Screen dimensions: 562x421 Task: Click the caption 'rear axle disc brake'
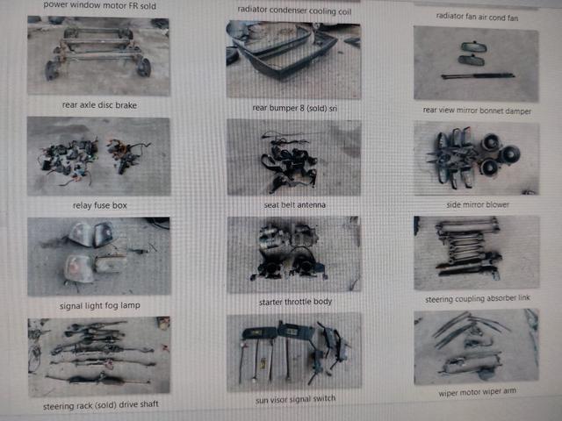pos(99,105)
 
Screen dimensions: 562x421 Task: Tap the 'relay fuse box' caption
pos(99,205)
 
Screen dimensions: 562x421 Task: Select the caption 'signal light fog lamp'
pos(100,306)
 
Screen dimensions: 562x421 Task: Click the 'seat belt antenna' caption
pos(295,204)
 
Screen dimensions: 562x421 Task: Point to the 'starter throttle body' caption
pos(295,302)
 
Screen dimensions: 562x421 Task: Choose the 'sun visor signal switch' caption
pos(296,399)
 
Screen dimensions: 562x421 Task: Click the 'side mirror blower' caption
pos(478,204)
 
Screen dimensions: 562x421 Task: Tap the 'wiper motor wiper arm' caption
pos(478,392)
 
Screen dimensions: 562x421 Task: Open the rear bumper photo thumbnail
pos(293,60)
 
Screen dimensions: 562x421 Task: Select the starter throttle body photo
pos(293,254)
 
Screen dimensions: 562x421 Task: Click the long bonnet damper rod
pos(478,76)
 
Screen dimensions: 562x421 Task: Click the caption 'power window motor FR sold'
pos(99,5)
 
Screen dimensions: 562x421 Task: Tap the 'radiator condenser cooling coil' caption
pos(294,11)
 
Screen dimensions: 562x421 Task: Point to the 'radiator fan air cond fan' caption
pos(477,17)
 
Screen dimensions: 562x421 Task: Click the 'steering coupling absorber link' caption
pos(478,298)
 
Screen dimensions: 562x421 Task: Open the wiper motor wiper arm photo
pos(476,346)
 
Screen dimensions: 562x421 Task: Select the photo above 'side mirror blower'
pos(476,158)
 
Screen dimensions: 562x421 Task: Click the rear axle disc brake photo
pos(98,55)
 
